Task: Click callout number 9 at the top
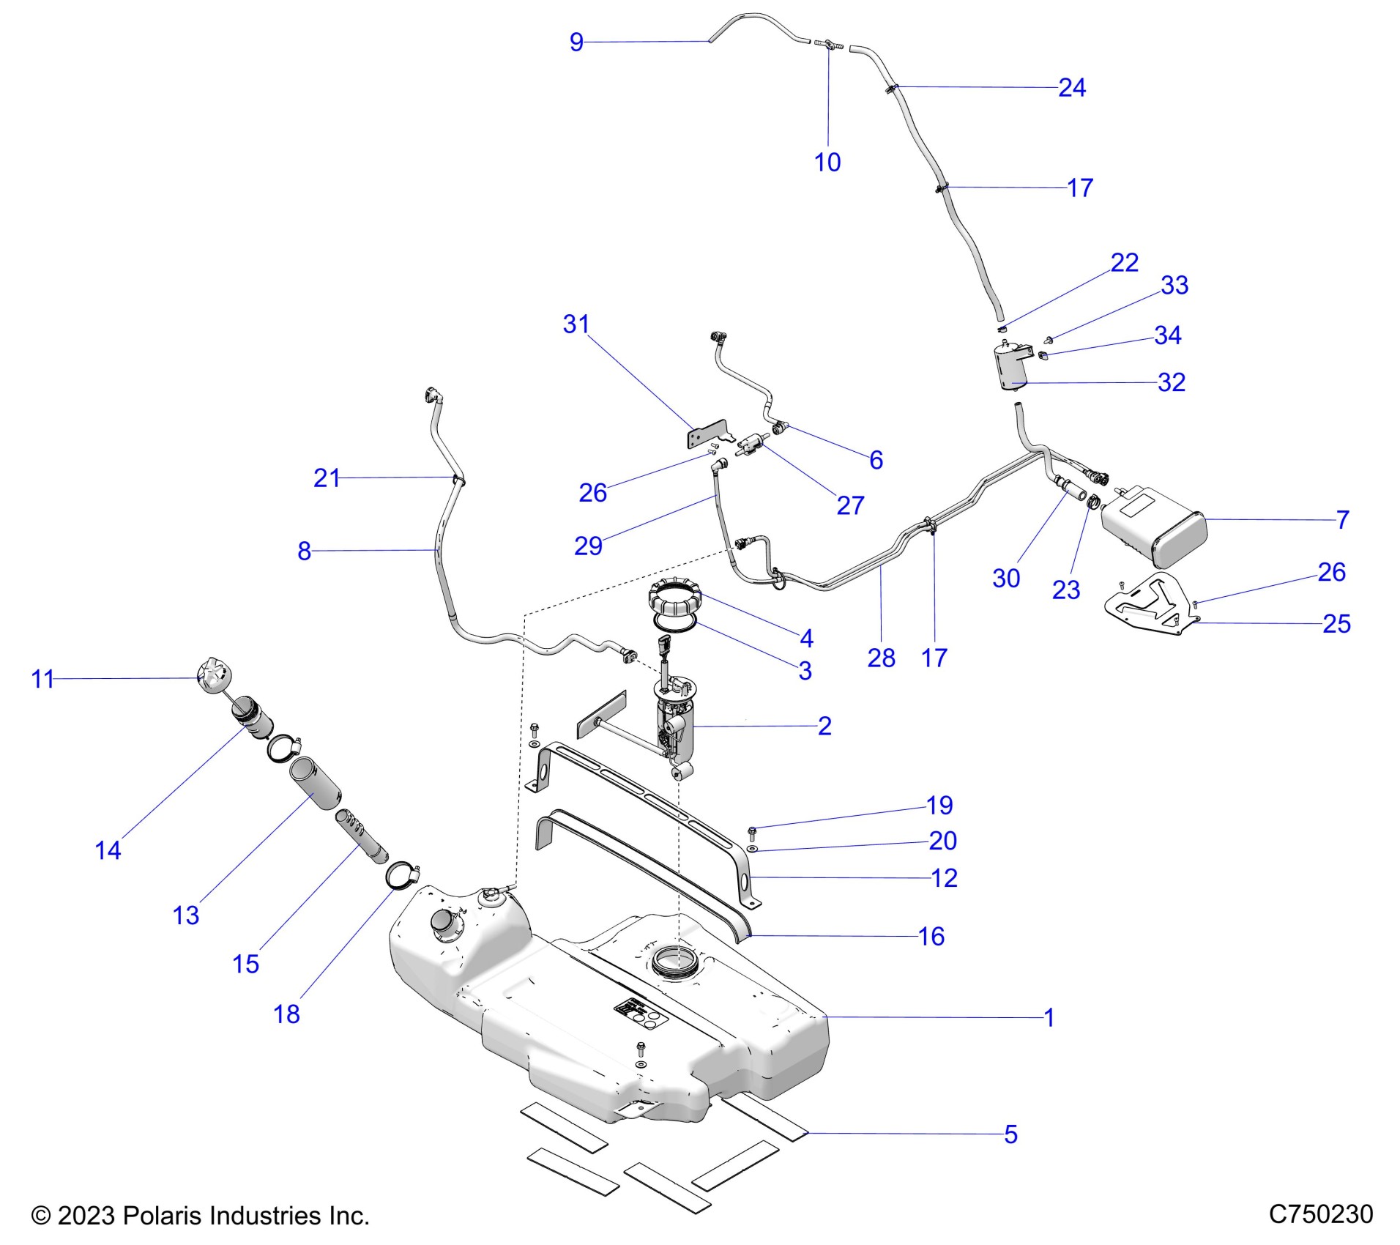(x=576, y=42)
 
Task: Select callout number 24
(x=1071, y=88)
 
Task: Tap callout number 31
(x=576, y=324)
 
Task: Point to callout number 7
(x=1342, y=520)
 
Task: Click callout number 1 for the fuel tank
(x=1049, y=1017)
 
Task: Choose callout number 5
(x=1010, y=1134)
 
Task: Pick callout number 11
(x=42, y=679)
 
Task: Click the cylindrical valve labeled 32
(x=1011, y=367)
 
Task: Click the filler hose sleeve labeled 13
(x=316, y=782)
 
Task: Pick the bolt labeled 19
(x=752, y=830)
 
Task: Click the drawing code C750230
(x=1320, y=1214)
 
